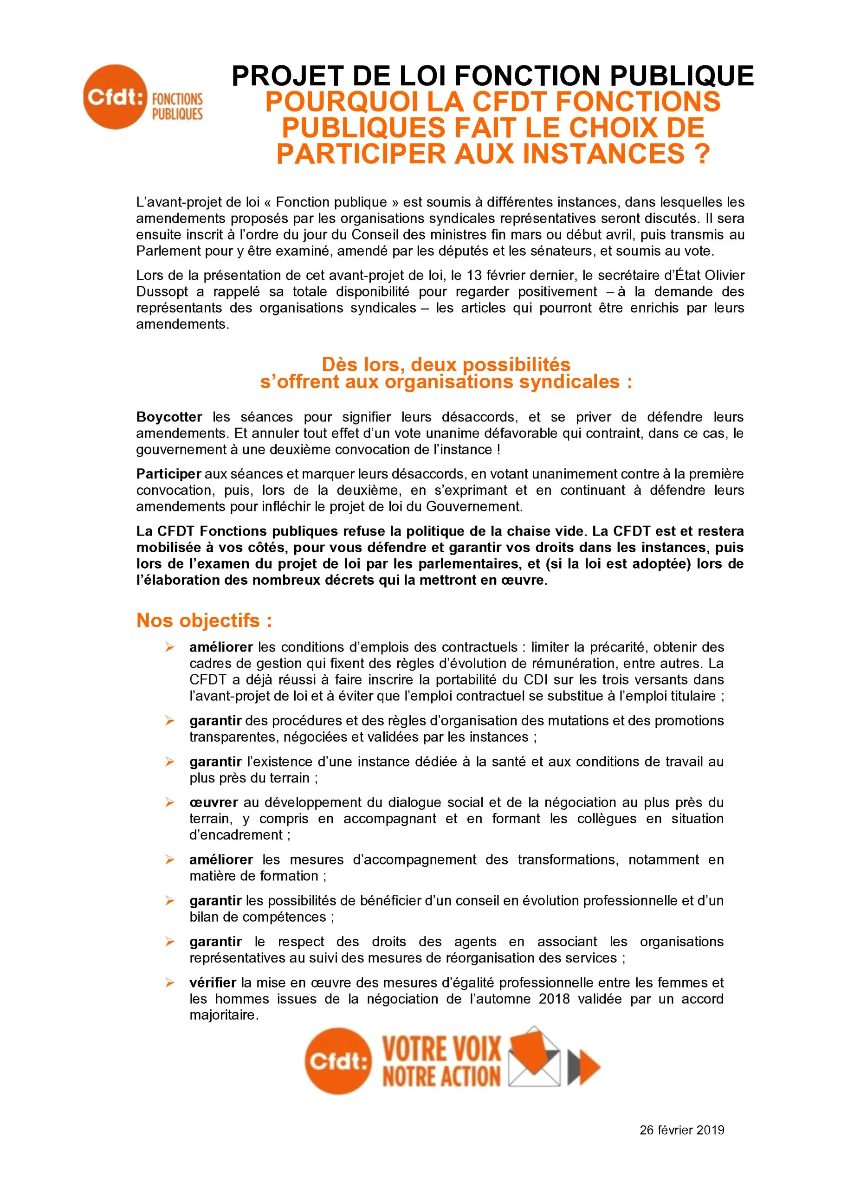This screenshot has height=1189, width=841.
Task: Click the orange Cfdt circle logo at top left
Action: point(115,97)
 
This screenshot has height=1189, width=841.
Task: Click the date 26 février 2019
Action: point(681,1130)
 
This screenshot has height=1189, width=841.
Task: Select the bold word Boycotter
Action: point(169,417)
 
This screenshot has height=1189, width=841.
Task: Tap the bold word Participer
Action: point(168,474)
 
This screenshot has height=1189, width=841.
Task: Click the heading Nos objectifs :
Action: point(204,620)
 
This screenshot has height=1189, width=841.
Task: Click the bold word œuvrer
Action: point(213,802)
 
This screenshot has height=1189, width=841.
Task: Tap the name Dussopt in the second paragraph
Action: point(162,291)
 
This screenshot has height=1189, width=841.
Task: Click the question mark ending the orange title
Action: point(702,154)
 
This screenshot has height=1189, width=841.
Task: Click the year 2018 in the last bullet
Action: point(554,998)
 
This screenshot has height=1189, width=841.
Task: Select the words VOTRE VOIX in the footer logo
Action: point(442,1049)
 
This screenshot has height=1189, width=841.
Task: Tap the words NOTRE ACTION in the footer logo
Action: point(442,1076)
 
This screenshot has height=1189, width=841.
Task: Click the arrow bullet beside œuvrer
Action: point(170,802)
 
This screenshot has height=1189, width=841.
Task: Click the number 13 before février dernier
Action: point(474,275)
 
